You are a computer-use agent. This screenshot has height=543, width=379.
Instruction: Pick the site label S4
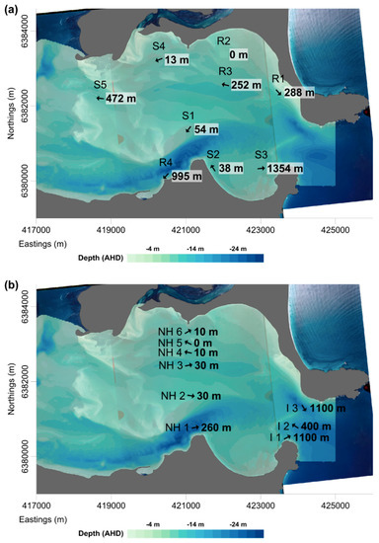(159, 46)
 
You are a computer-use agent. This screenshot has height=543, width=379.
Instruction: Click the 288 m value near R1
(298, 92)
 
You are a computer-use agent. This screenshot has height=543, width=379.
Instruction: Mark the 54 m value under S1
(204, 130)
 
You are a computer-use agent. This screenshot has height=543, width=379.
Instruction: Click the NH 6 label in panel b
(171, 331)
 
